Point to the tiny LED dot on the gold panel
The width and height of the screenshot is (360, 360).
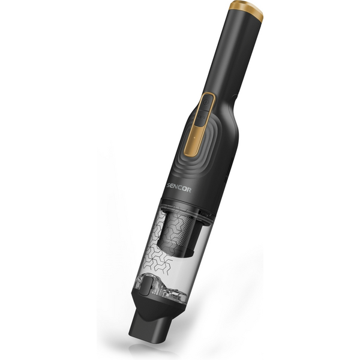[194, 137]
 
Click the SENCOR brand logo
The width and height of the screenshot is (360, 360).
[179, 188]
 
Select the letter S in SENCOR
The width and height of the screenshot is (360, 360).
[169, 185]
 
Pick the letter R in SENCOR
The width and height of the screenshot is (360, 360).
[188, 190]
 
